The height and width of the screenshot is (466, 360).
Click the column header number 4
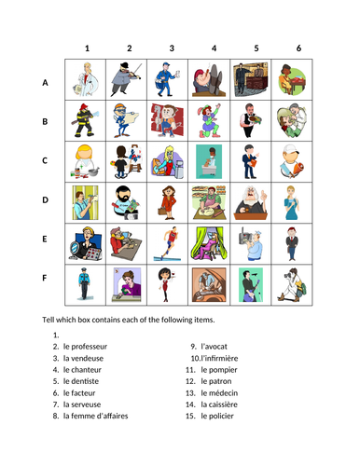[214, 48]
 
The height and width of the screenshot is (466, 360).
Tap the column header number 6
[298, 48]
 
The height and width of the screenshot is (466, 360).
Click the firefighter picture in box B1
[87, 121]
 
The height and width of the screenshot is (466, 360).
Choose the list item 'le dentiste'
[91, 380]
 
